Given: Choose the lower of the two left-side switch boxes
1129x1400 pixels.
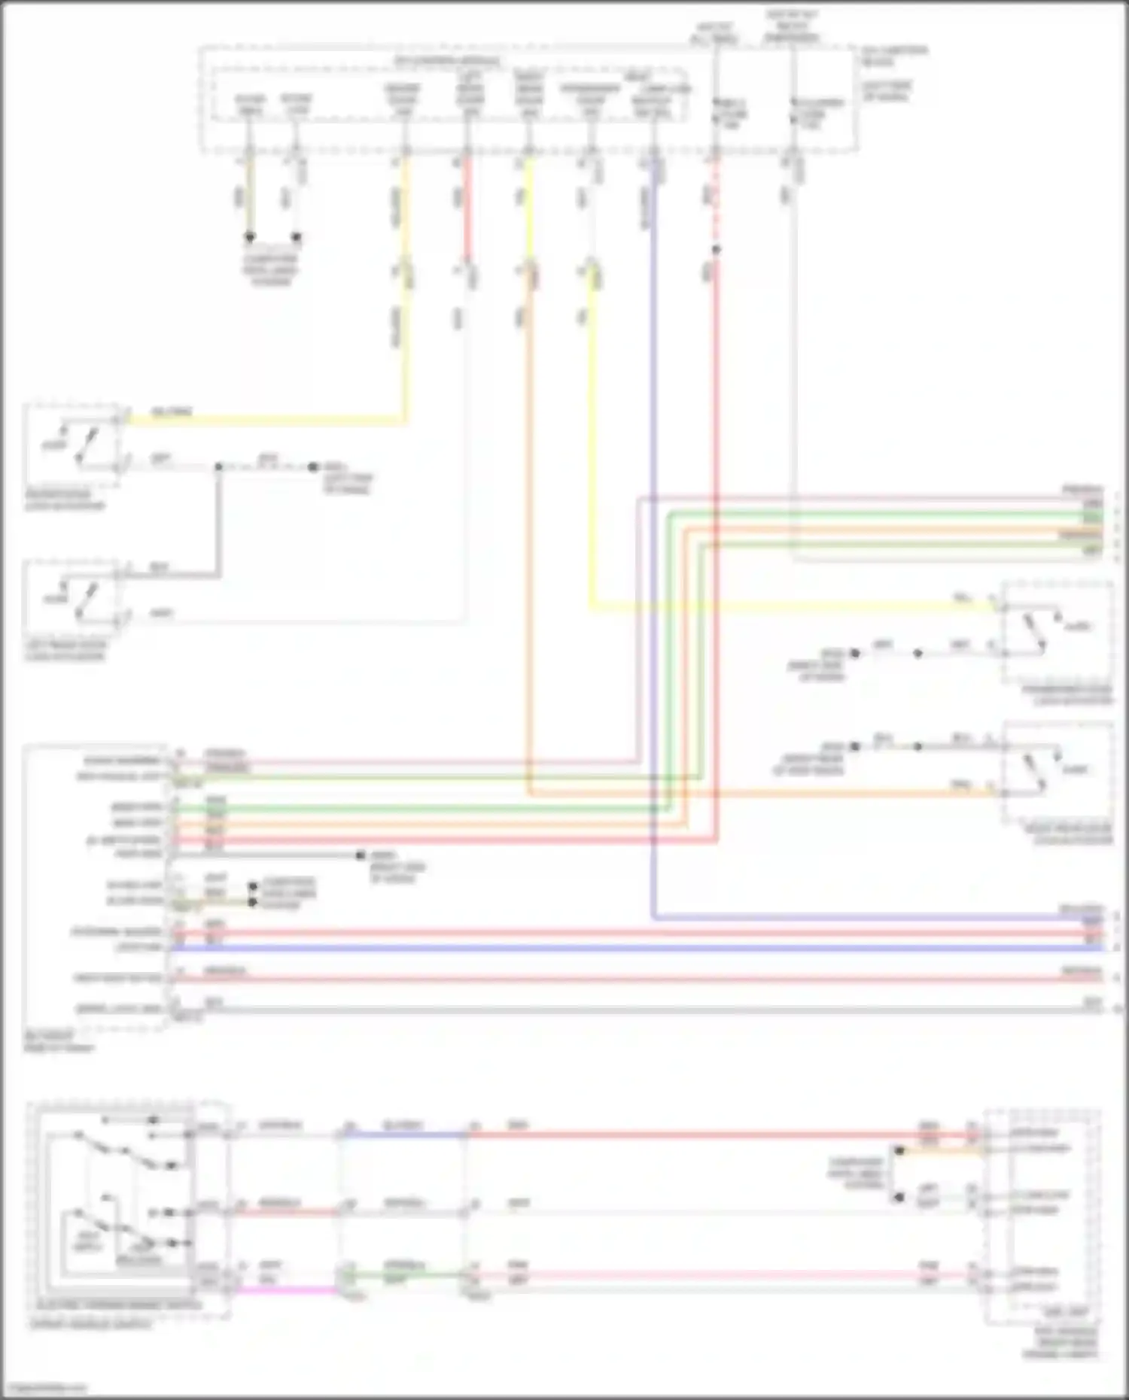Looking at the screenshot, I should pyautogui.click(x=73, y=595).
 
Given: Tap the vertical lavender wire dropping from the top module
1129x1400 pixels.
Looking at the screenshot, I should pyautogui.click(x=653, y=527).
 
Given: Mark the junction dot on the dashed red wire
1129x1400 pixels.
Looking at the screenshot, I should pyautogui.click(x=716, y=250).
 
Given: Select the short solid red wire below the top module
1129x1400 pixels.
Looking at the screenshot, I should pyautogui.click(x=466, y=211).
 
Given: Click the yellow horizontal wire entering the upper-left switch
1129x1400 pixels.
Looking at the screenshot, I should pyautogui.click(x=263, y=421).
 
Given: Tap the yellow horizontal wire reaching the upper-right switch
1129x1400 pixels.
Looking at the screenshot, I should pyautogui.click(x=790, y=605).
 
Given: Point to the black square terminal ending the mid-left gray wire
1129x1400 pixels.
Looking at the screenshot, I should pyautogui.click(x=360, y=855).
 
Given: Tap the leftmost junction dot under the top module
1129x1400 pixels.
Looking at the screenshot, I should pyautogui.click(x=250, y=237).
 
